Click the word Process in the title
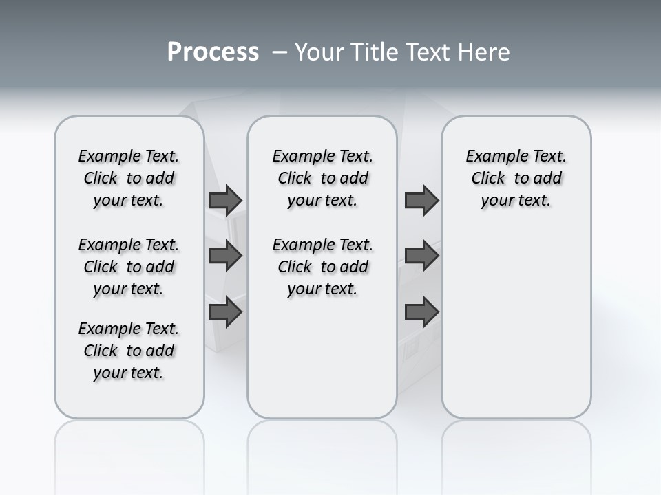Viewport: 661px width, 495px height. [x=213, y=52]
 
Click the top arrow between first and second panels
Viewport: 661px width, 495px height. [x=225, y=200]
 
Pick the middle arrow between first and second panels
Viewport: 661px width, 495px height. [x=225, y=256]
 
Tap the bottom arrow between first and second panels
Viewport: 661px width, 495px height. [x=225, y=311]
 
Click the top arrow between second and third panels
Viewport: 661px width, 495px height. [x=421, y=200]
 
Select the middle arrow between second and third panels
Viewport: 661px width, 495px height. [x=421, y=256]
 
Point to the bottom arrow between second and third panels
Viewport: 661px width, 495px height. [x=421, y=311]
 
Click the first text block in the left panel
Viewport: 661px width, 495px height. [x=129, y=178]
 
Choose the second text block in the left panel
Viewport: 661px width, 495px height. [x=129, y=267]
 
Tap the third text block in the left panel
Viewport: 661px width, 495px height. [x=129, y=351]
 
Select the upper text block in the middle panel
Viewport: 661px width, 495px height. [x=322, y=178]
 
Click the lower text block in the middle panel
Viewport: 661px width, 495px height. [x=322, y=267]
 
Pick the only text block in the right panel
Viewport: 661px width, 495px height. [x=516, y=178]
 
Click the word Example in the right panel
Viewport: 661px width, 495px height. [x=491, y=157]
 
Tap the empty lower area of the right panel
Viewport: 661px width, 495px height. [x=516, y=323]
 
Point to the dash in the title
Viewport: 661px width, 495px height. [x=280, y=52]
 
